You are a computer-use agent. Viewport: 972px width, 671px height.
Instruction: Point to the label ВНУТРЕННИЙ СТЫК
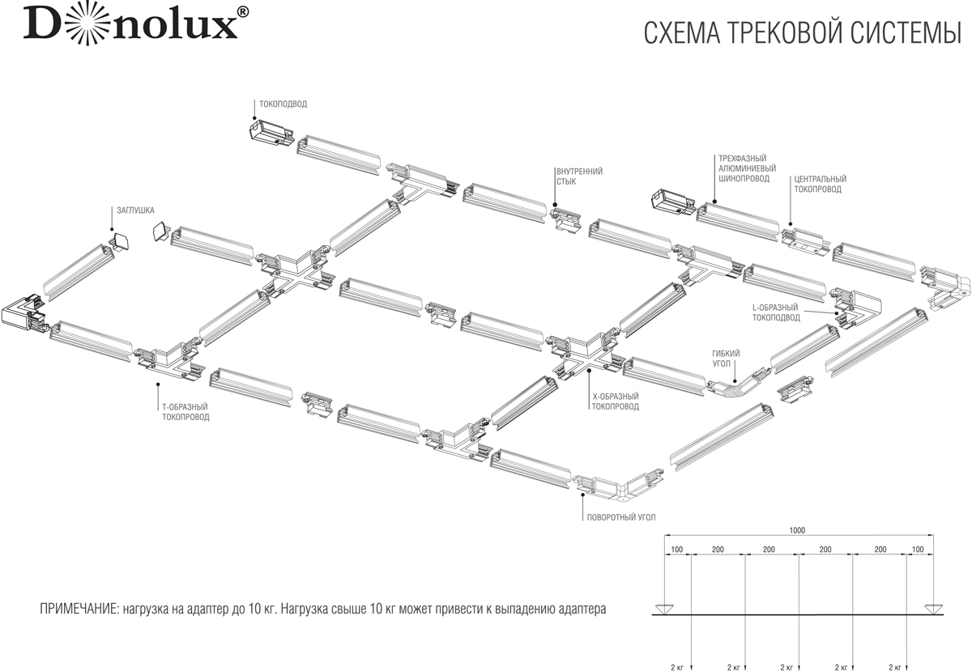(579, 176)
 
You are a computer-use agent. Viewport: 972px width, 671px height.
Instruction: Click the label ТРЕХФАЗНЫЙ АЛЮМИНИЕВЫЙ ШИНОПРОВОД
(743, 168)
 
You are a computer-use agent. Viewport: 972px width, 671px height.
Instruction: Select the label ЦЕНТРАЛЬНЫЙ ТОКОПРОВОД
(820, 184)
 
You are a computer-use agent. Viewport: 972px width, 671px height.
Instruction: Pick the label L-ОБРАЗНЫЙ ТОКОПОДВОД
(775, 312)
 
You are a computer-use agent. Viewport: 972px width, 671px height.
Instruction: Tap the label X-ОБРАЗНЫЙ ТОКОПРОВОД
(615, 401)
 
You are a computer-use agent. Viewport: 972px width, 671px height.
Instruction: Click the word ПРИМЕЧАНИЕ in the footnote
(76, 607)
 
